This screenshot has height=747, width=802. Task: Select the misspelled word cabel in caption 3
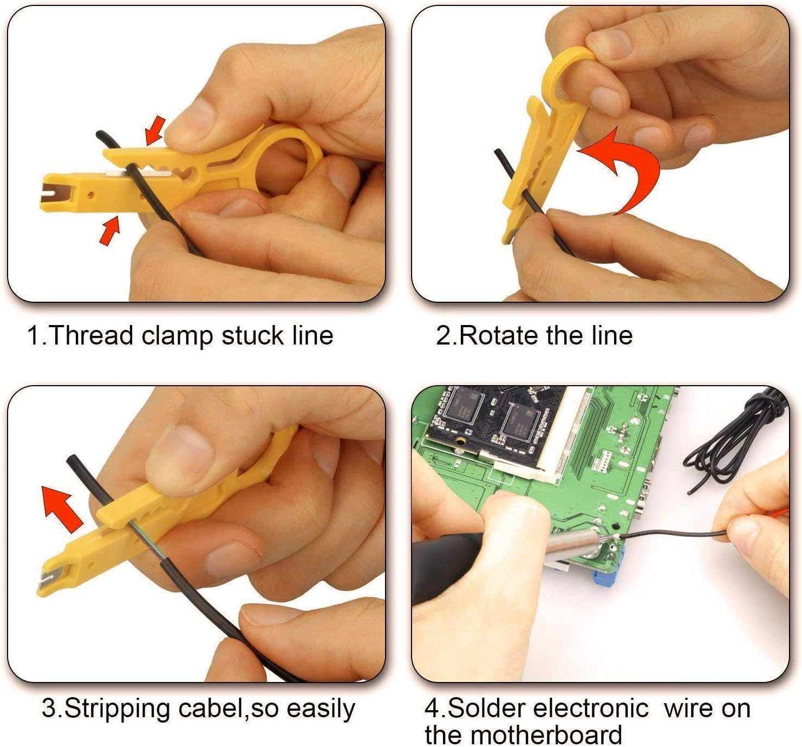pyautogui.click(x=207, y=709)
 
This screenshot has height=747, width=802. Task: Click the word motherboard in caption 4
pyautogui.click(x=546, y=735)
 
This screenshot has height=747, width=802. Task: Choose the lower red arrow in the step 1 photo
pyautogui.click(x=110, y=230)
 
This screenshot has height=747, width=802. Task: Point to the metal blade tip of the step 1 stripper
pyautogui.click(x=51, y=192)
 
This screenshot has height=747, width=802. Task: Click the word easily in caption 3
pyautogui.click(x=320, y=709)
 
